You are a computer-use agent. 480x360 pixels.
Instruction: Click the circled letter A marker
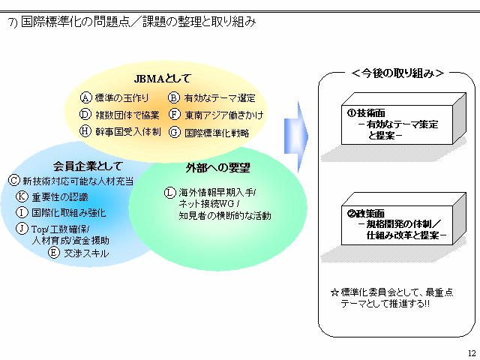86,98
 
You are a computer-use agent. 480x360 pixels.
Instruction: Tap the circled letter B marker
173,98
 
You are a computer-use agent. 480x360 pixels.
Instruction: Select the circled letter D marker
86,115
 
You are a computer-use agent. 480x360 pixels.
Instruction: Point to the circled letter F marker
173,115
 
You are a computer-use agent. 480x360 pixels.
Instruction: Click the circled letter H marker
86,131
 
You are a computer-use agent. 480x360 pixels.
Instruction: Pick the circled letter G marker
173,132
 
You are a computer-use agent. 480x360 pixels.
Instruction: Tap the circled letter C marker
14,180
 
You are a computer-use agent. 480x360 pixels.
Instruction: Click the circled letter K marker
22,196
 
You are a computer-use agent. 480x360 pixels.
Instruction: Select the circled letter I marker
22,212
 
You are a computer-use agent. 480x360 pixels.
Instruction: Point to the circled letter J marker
22,229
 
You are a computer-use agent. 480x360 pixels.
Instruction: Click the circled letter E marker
53,253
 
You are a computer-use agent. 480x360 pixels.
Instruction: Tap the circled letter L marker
170,193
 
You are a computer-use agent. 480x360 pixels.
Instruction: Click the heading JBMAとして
163,78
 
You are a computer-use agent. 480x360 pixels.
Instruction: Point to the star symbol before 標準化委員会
334,291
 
